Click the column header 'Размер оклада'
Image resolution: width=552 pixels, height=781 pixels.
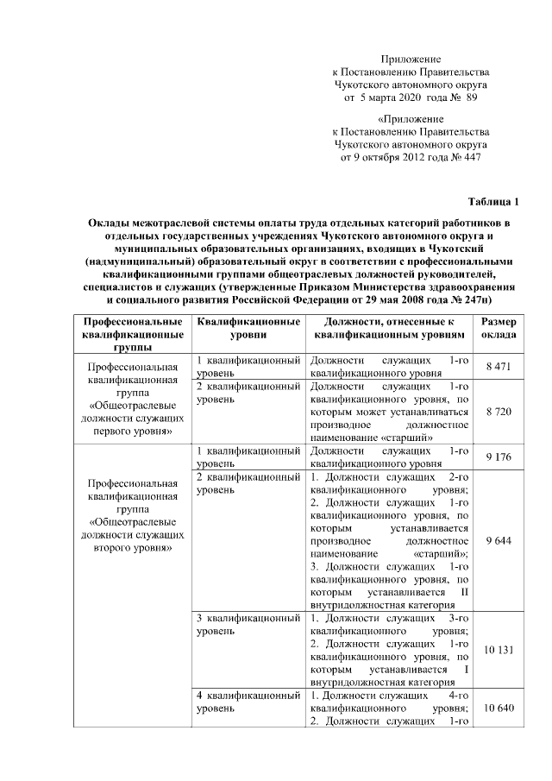(499, 328)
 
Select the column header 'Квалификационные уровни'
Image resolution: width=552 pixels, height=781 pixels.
(248, 328)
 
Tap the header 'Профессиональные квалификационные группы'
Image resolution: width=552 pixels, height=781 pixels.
(131, 334)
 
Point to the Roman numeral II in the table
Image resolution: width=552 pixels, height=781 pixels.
(463, 592)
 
